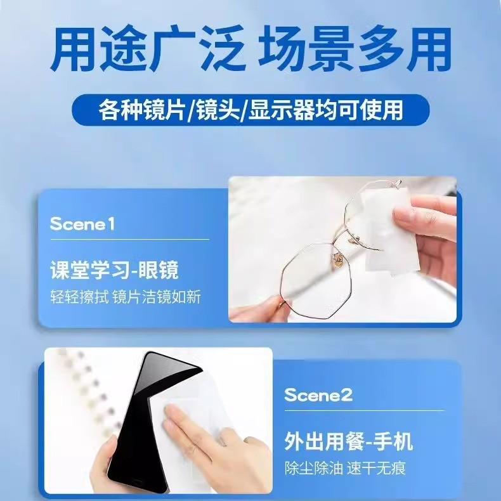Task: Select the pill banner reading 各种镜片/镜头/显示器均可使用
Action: [251, 110]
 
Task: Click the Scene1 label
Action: [82, 224]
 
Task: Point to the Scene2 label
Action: [318, 395]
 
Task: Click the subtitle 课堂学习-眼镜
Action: [114, 271]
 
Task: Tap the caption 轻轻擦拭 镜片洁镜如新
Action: [125, 296]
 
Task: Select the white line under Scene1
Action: [129, 240]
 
